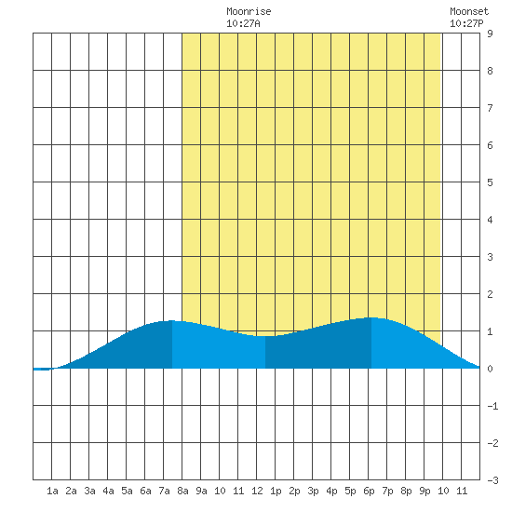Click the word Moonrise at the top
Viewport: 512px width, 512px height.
point(249,11)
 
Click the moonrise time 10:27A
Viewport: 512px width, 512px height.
point(243,23)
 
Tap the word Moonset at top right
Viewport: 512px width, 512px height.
point(469,11)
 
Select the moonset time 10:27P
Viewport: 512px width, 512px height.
point(466,23)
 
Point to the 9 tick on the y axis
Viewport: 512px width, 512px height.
point(490,34)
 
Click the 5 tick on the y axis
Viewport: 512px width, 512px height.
point(490,182)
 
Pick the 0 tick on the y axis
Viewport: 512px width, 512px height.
point(490,369)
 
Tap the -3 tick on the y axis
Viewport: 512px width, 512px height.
point(492,480)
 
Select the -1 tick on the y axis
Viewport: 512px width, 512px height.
point(492,406)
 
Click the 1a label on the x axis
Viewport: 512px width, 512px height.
point(52,491)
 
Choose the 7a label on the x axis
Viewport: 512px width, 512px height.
point(164,491)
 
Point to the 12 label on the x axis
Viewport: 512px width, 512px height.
point(257,491)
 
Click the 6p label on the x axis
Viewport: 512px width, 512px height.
point(369,491)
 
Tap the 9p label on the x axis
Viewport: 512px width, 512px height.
point(424,491)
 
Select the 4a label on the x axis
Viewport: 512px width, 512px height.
point(108,491)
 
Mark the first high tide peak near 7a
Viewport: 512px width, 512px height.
point(172,320)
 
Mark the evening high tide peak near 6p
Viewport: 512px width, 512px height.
point(371,317)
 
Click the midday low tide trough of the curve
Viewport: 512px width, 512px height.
point(265,336)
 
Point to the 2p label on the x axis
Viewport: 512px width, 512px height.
point(294,491)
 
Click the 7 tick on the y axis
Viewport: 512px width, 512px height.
point(490,108)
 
